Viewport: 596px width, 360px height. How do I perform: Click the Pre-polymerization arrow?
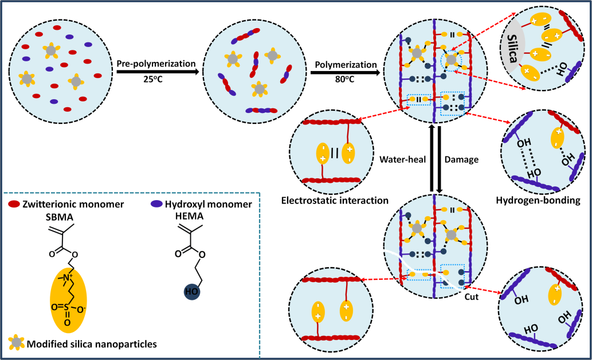coord(158,72)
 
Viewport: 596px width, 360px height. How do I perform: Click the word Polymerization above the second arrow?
coord(344,64)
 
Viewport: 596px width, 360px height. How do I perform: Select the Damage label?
coord(462,160)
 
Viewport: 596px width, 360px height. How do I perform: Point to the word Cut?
coord(472,297)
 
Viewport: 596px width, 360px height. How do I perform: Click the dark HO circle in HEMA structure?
coord(191,293)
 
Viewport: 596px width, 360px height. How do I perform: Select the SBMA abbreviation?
coord(57,216)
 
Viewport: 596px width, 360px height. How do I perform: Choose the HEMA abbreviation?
coord(193,216)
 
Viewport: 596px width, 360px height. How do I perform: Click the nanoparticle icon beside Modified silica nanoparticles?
coord(17,343)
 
